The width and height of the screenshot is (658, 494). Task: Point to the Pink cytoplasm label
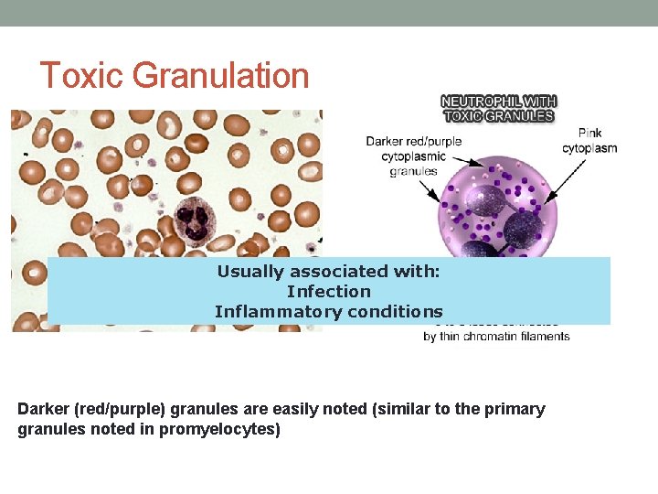(x=589, y=141)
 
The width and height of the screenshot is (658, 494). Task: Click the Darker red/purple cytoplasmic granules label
(x=414, y=156)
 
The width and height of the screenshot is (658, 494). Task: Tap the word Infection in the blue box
(x=328, y=291)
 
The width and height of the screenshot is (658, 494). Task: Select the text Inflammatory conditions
(x=328, y=311)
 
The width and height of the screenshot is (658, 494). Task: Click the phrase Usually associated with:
(x=328, y=271)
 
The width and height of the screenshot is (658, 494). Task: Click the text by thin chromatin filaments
(x=496, y=336)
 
